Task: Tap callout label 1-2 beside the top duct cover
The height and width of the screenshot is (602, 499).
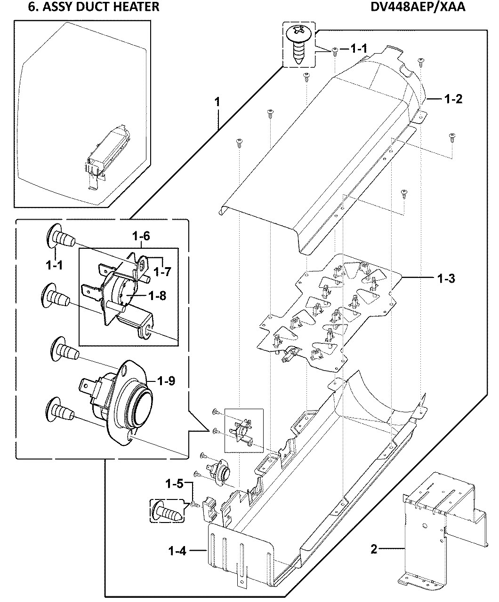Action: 454,99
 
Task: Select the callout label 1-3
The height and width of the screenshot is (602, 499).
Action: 445,278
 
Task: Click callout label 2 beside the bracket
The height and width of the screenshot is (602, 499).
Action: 374,549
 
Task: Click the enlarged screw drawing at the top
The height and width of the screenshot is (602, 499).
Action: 298,44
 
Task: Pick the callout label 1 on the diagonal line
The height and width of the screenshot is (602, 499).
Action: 217,101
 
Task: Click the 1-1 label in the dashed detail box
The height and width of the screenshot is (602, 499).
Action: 55,266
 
